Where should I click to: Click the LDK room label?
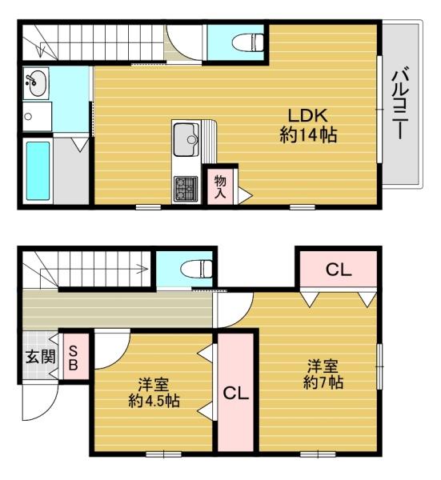pos(307,113)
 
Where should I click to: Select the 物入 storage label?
pos(220,186)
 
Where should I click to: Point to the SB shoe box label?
pos(72,358)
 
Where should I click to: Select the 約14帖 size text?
pos(307,134)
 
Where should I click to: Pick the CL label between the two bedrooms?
pos(235,394)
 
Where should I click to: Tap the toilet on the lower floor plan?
pos(194,268)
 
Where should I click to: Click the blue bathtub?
pos(37,170)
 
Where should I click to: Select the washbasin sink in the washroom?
pos(35,82)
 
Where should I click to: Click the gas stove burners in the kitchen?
pos(186,189)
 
